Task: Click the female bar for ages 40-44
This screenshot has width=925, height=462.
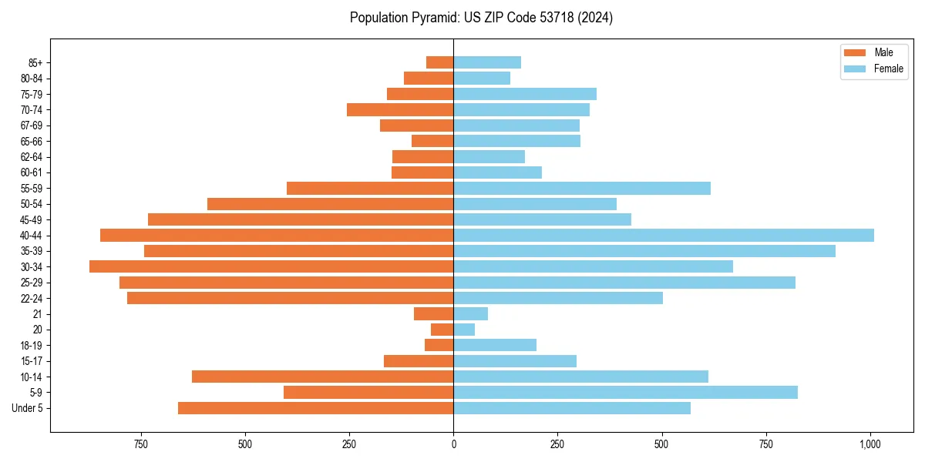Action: click(x=663, y=235)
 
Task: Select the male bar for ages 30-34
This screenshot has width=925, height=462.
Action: click(x=271, y=266)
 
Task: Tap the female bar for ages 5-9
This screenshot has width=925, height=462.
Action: click(x=625, y=392)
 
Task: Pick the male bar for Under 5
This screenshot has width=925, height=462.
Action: click(x=315, y=408)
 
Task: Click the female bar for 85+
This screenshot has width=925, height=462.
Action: click(x=487, y=62)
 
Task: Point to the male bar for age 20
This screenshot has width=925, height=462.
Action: click(x=442, y=330)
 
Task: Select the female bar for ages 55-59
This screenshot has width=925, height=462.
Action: click(x=582, y=188)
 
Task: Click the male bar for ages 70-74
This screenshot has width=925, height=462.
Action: click(x=400, y=109)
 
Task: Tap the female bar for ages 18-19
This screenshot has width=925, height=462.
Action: click(x=495, y=345)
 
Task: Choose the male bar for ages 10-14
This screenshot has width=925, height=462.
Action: click(x=322, y=377)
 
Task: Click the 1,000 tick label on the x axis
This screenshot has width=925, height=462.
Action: click(x=870, y=444)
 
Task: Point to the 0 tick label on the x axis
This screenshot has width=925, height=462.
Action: click(x=453, y=444)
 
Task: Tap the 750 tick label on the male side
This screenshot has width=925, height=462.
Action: click(x=140, y=444)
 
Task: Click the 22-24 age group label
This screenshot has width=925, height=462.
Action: click(x=32, y=298)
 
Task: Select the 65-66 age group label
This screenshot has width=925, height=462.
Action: click(x=32, y=141)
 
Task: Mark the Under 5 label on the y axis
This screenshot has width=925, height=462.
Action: click(x=28, y=408)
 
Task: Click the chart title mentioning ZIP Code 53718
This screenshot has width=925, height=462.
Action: click(x=481, y=18)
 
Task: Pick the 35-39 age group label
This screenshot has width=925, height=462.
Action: click(x=32, y=251)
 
